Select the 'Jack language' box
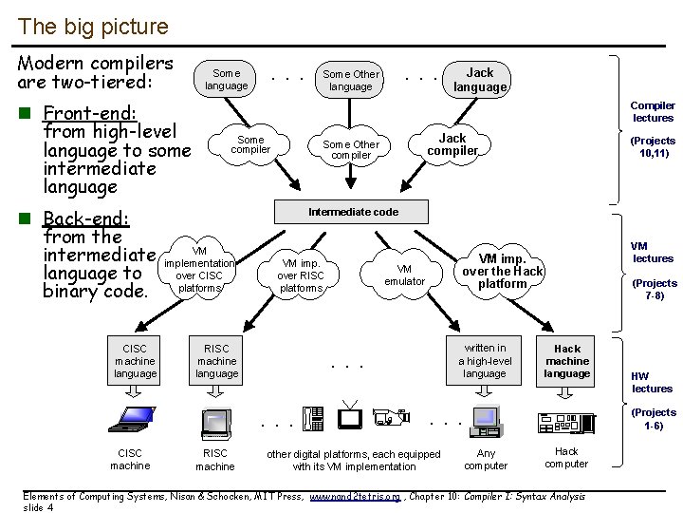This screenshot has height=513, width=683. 480,80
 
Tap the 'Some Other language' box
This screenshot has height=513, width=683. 351,80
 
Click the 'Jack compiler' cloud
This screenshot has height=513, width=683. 452,144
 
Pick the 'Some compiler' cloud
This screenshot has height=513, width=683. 250,144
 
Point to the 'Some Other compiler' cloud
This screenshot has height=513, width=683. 351,149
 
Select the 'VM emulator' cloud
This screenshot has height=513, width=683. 405,275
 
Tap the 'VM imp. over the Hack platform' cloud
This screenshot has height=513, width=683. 502,271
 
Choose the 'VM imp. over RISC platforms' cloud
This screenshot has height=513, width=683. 301,275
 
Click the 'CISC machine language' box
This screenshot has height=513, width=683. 135,361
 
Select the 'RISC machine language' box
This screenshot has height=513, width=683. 216,361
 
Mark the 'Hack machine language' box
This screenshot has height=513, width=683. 567,361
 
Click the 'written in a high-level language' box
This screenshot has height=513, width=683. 485,361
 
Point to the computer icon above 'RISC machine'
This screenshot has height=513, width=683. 215,421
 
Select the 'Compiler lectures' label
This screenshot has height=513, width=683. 653,112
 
